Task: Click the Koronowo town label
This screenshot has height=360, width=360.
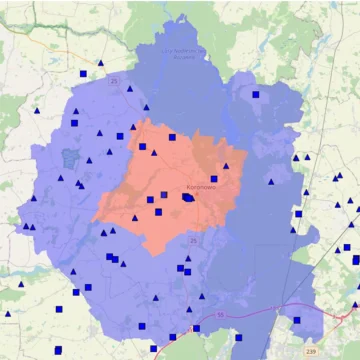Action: coord(199,187)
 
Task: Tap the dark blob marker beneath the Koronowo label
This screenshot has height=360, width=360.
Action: coord(187,198)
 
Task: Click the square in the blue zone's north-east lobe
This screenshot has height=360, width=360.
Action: coord(256,95)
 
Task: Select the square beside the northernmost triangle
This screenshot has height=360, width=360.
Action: coord(83,73)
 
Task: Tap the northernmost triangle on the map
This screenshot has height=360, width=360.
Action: coord(100,64)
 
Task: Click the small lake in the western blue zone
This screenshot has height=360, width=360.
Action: coord(69,158)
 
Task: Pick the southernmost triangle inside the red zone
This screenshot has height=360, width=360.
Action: coord(135,217)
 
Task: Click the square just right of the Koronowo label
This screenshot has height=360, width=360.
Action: coord(213,179)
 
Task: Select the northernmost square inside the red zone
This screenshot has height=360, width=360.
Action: coord(172,138)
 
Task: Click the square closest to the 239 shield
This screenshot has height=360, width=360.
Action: coord(296,321)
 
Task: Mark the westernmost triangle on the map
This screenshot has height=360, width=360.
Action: coord(8,314)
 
